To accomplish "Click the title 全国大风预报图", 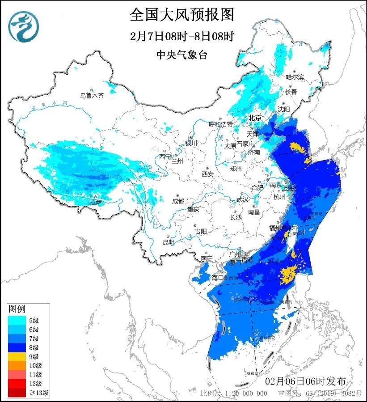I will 182,15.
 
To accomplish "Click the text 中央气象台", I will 182,55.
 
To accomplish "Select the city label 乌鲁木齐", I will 92,95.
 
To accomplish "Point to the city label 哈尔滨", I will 295,77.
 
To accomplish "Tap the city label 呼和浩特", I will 221,124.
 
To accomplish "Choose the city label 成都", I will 177,201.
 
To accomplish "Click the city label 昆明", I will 169,242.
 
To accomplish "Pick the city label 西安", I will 208,173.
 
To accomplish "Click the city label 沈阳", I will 284,109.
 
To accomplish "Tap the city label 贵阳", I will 201,231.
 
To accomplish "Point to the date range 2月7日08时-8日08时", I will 182,36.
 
